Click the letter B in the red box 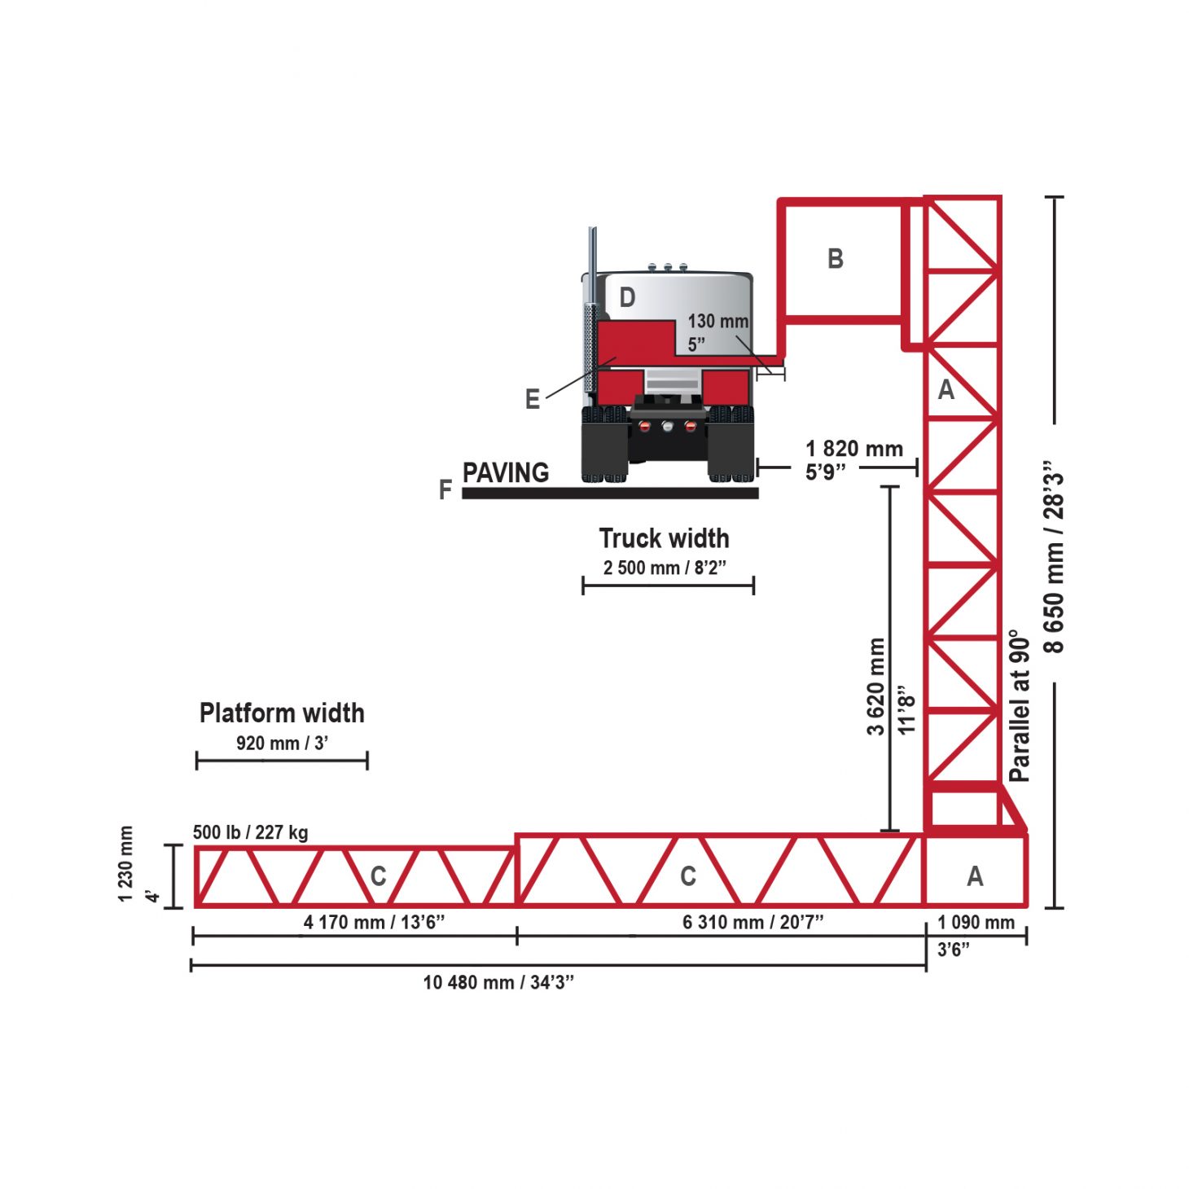(x=835, y=259)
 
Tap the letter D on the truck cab (x=627, y=298)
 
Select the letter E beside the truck (x=533, y=399)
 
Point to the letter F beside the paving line (x=445, y=490)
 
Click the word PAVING (x=506, y=473)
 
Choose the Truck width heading (x=664, y=538)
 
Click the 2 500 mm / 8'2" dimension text (x=665, y=568)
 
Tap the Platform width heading (x=282, y=713)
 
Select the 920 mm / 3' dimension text (x=282, y=743)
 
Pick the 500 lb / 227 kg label (x=251, y=832)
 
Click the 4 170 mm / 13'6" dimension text (x=374, y=923)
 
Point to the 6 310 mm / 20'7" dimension (x=752, y=923)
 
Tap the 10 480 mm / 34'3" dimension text (x=498, y=982)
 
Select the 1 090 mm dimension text (x=976, y=923)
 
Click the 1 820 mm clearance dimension (x=854, y=449)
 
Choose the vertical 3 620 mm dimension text (x=876, y=687)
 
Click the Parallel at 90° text (x=1020, y=706)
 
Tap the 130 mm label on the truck (x=718, y=322)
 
